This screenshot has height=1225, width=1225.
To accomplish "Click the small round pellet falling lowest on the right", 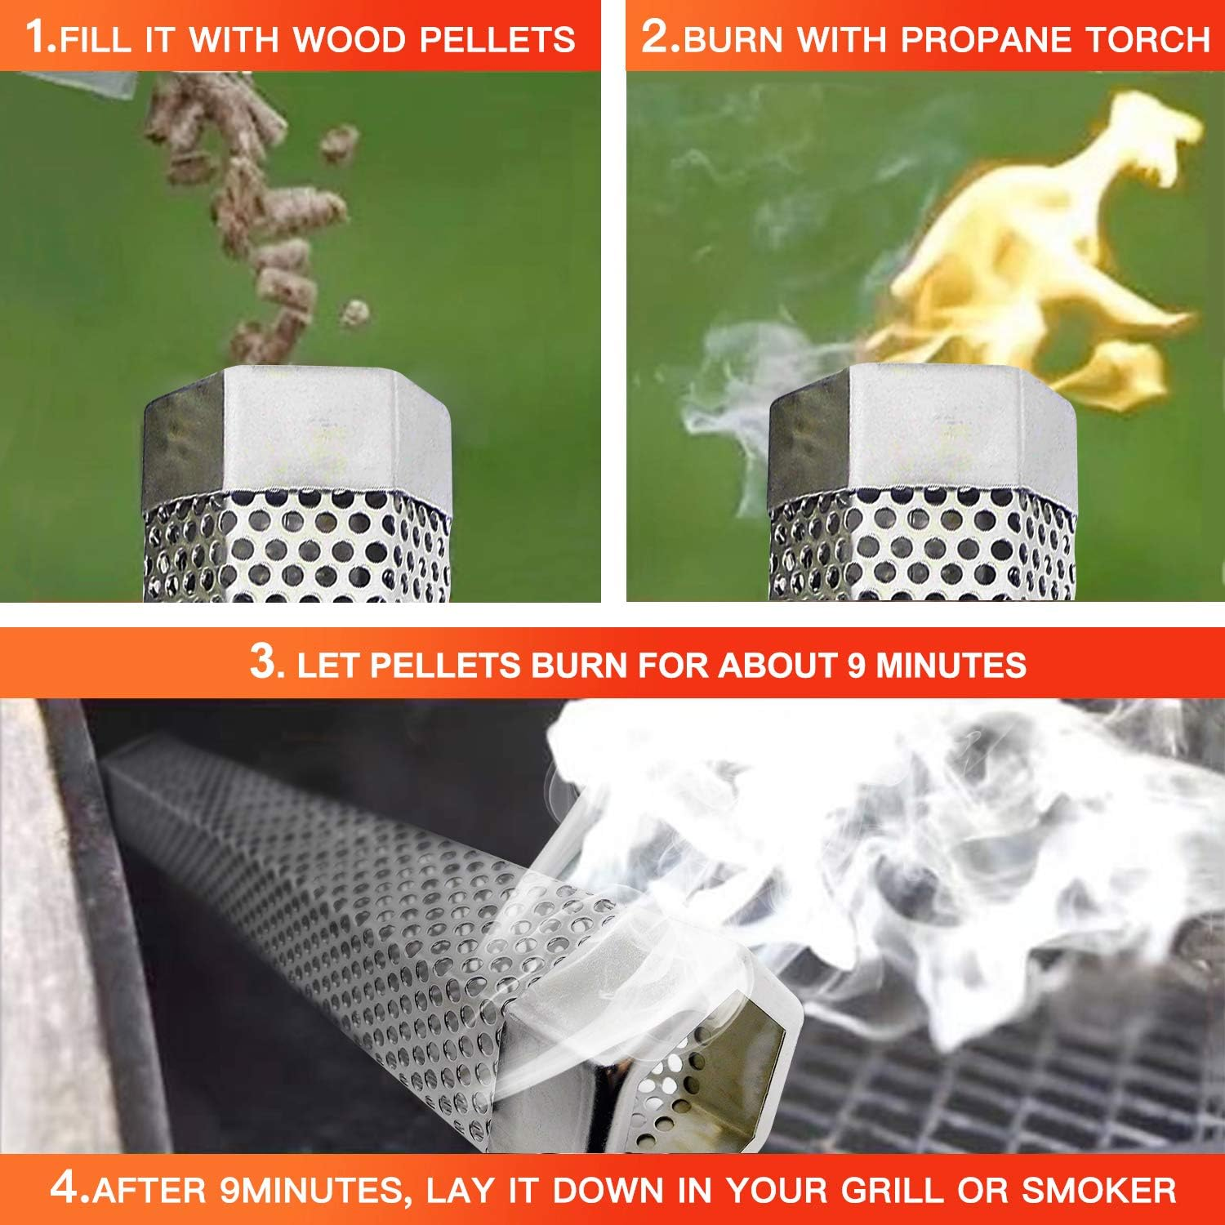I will coord(354,313).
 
